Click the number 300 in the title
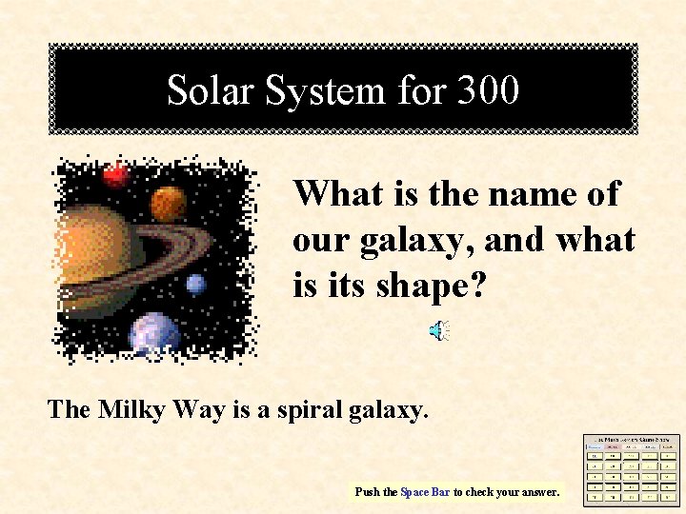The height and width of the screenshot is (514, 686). [488, 90]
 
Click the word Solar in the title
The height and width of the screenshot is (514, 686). [211, 90]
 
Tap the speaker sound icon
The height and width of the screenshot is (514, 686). [439, 331]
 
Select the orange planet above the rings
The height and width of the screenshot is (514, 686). [169, 202]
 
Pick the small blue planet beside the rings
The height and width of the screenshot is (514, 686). [196, 284]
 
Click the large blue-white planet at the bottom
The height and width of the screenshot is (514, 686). [154, 333]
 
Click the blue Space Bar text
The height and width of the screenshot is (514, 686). [424, 492]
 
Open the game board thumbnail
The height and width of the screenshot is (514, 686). [632, 468]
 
